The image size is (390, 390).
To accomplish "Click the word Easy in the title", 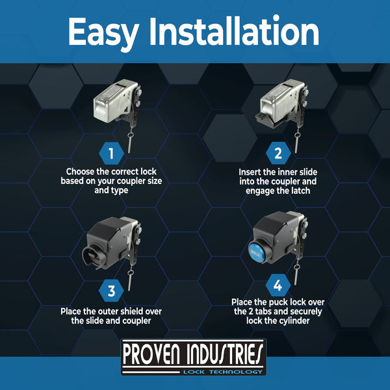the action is tap(103, 32).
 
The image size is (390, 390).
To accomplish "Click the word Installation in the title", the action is tap(234, 31).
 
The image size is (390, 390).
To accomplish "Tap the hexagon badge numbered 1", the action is tap(111, 153).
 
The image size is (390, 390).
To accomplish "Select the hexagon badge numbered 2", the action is tap(278, 153).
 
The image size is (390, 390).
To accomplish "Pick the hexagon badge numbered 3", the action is tap(111, 291).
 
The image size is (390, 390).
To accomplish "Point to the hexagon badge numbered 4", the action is tap(278, 285).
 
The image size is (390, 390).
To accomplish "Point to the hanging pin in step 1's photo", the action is tap(130, 142).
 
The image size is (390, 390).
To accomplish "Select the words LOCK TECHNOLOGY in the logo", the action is tap(222, 372).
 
